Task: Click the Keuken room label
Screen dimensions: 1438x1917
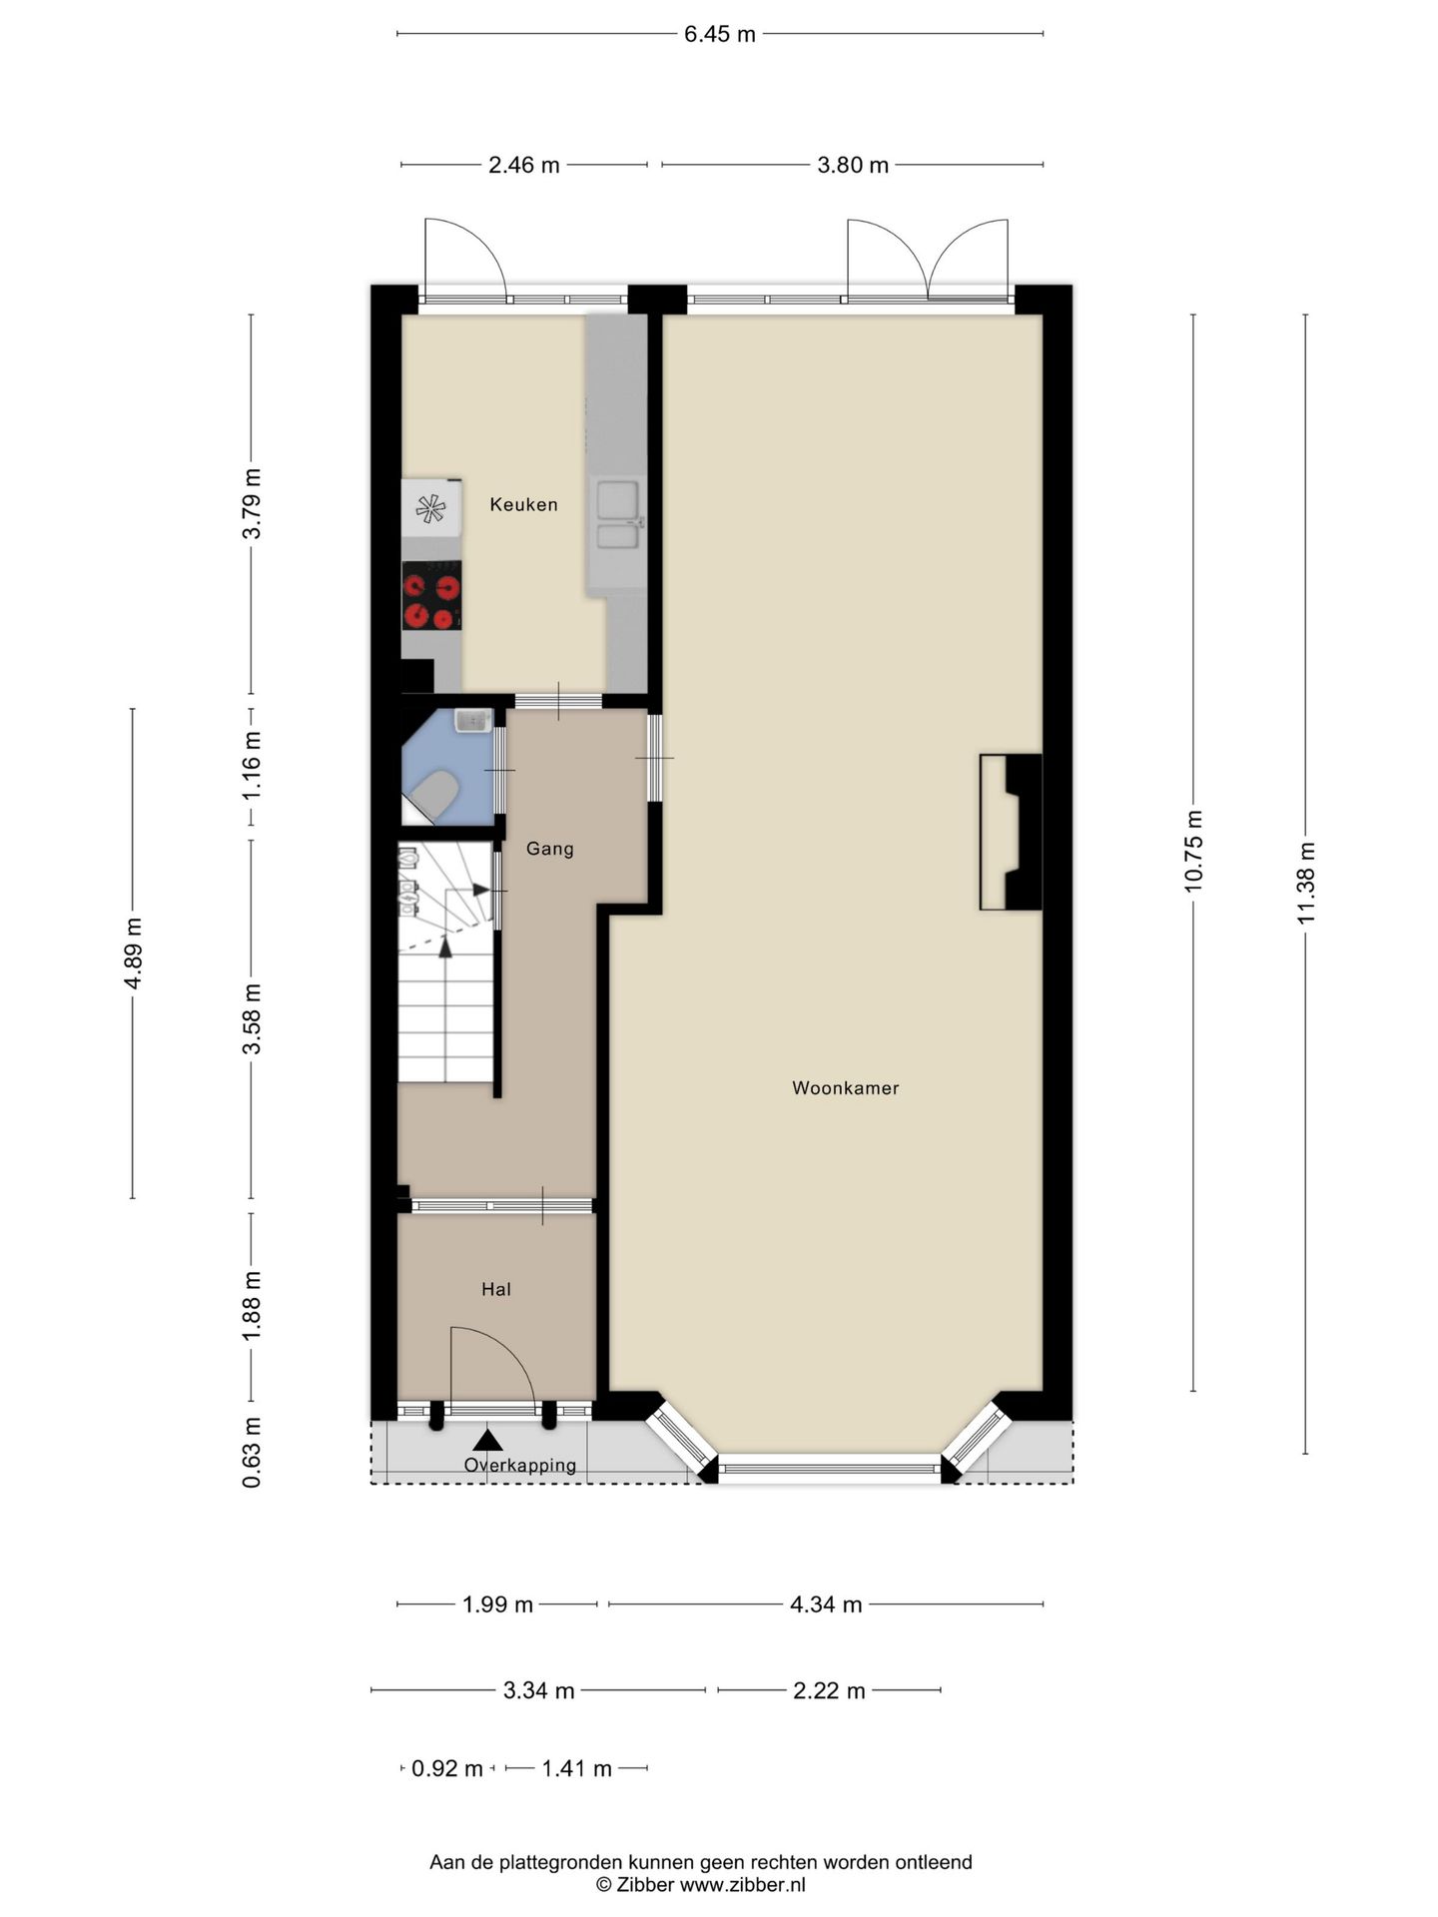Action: pos(523,505)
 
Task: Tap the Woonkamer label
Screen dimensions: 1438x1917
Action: pos(846,1088)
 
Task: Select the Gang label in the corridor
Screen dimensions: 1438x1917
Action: pos(550,850)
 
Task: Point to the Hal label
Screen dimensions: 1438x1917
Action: pos(496,1290)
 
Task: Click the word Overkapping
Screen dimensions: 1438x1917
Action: pos(520,1466)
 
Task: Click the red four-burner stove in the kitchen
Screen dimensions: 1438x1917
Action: pos(431,596)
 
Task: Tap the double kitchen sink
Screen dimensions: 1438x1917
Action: pos(618,515)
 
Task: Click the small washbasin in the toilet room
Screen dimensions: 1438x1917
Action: pos(472,720)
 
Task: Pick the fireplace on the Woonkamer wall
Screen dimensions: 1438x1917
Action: pos(1011,833)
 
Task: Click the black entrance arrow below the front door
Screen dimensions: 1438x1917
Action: pos(487,1440)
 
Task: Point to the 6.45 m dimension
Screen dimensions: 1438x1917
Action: pos(719,35)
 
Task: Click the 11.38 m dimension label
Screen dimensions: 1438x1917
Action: pos(1306,884)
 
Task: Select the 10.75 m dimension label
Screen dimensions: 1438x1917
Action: pos(1194,851)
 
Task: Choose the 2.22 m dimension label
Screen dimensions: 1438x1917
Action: pos(829,1691)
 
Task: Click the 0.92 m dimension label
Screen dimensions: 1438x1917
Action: pos(447,1769)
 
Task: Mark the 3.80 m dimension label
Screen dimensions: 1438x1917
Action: pos(853,166)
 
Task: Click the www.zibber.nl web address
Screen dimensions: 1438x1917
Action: pos(742,1885)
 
